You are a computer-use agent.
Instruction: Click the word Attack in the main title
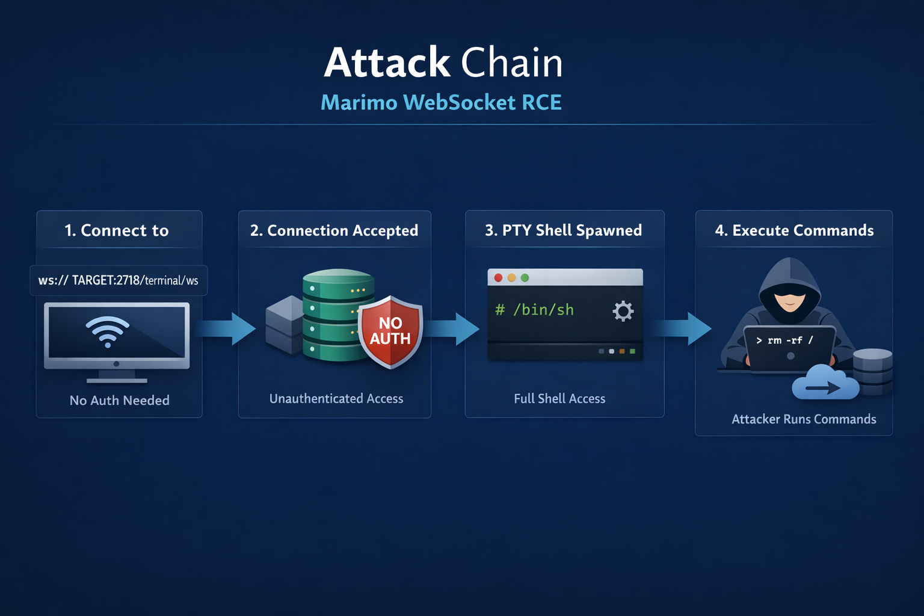tap(387, 63)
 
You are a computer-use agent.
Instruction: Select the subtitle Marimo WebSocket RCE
tap(441, 102)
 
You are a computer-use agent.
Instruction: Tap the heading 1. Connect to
tap(117, 230)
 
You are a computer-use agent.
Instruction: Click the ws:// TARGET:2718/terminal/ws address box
tap(119, 280)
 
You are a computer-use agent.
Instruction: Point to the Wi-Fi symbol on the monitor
tap(108, 331)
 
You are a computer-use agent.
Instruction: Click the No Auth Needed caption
tap(119, 401)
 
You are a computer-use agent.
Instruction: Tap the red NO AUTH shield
tap(390, 331)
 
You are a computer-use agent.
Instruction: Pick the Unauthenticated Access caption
tap(336, 399)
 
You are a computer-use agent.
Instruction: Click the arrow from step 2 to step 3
tap(452, 328)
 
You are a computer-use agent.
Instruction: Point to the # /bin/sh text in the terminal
tap(534, 310)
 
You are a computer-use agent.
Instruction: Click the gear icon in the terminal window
tap(623, 311)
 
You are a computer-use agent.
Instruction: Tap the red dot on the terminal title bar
tap(498, 277)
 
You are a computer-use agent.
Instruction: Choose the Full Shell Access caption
tap(559, 399)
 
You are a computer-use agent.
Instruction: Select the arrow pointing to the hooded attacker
tap(683, 328)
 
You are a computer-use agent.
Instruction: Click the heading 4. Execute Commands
tap(794, 230)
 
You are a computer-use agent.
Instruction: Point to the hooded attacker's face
tap(789, 298)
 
